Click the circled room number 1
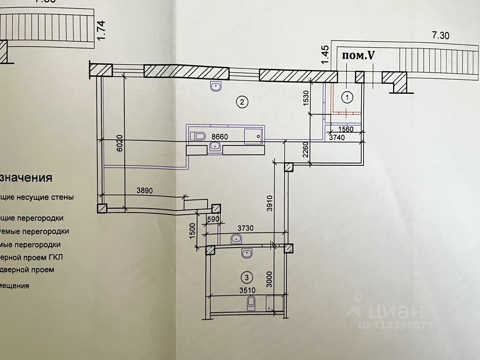click(x=347, y=97)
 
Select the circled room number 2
click(x=242, y=103)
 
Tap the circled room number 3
click(x=247, y=277)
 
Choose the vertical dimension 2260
click(x=306, y=150)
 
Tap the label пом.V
click(x=358, y=56)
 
